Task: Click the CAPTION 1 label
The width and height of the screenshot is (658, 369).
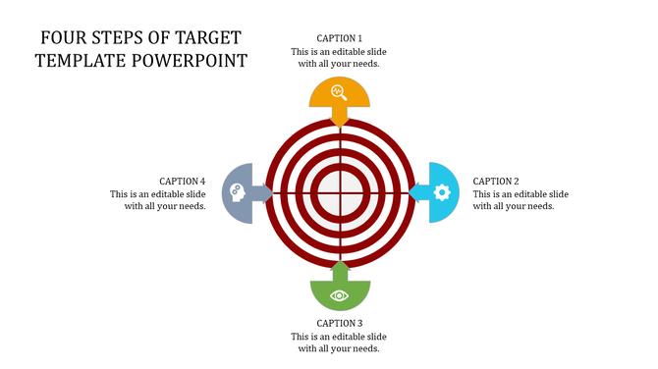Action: tap(339, 38)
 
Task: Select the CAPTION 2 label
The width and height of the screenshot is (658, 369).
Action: tap(496, 181)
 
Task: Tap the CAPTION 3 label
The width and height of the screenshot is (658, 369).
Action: tap(339, 323)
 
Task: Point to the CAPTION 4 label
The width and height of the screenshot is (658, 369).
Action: tap(182, 181)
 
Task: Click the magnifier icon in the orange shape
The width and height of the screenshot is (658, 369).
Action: tap(339, 92)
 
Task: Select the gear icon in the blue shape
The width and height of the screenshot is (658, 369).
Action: tap(442, 192)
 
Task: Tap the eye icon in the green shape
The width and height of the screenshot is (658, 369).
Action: tap(340, 294)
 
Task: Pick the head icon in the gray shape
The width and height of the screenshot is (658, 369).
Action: tap(236, 192)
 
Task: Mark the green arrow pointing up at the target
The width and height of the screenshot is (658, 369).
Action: tap(340, 270)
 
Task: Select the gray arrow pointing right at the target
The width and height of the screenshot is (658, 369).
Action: tap(263, 192)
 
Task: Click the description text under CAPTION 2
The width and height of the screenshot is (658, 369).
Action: tap(521, 199)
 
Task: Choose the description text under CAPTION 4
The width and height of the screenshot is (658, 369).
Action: tap(158, 199)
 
